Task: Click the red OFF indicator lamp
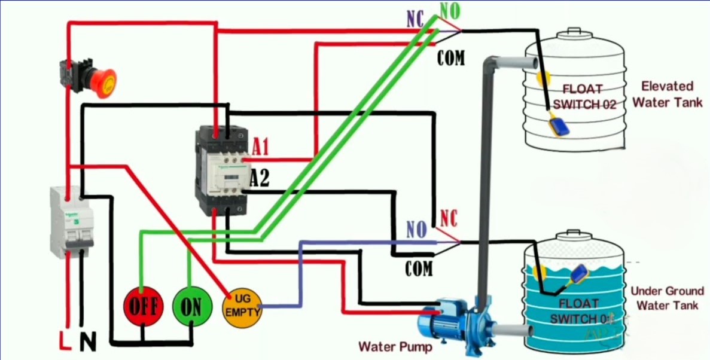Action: [143, 306]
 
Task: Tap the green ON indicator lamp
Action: [191, 306]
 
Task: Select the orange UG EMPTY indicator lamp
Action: [242, 306]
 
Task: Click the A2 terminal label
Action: [260, 178]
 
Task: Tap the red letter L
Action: [65, 341]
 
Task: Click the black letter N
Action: [87, 341]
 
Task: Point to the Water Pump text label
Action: [395, 346]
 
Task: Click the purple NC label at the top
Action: [415, 20]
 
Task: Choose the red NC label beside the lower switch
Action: [449, 219]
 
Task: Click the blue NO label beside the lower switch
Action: [416, 230]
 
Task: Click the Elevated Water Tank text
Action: [667, 94]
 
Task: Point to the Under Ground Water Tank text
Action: [667, 298]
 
